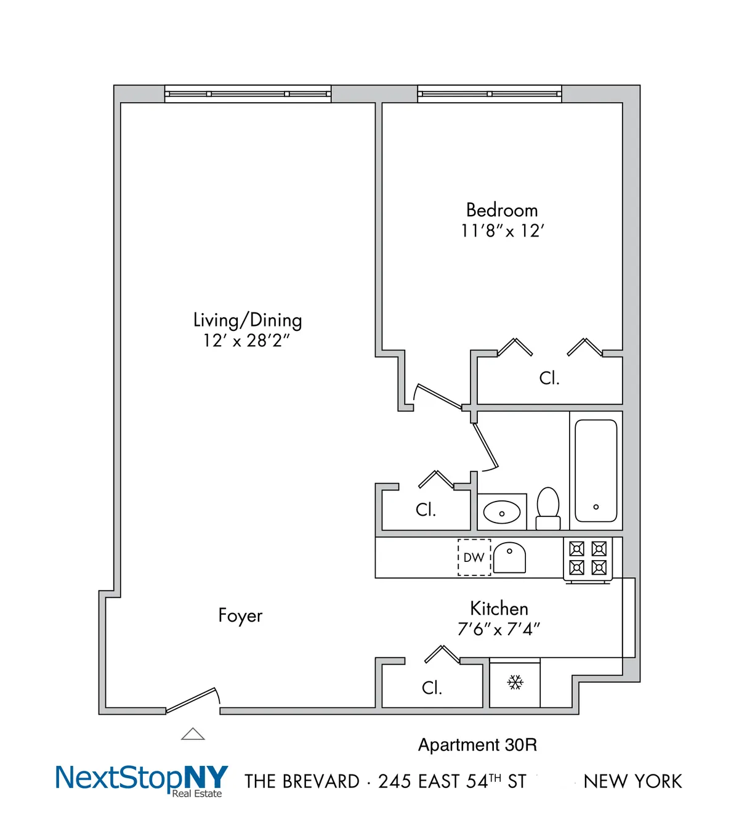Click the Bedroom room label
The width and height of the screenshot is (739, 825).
[x=502, y=210]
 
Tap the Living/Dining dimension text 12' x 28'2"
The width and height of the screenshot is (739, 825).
[x=246, y=340]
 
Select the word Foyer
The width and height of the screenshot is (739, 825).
[x=240, y=616]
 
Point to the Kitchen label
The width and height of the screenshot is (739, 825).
[x=499, y=609]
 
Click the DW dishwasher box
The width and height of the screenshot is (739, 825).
[x=474, y=558]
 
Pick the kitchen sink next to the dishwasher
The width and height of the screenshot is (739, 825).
[x=509, y=558]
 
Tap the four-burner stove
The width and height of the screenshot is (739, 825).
[x=588, y=558]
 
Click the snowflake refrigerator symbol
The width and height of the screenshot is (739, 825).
[x=515, y=682]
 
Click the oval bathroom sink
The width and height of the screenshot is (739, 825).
[x=502, y=512]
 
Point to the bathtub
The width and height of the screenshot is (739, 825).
[x=596, y=471]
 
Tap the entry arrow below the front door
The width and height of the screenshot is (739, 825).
[x=193, y=734]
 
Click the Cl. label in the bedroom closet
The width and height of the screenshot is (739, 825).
[x=549, y=378]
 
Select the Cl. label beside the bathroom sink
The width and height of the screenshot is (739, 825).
[x=426, y=510]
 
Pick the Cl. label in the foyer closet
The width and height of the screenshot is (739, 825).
[x=432, y=688]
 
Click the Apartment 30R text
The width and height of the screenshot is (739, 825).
[x=477, y=745]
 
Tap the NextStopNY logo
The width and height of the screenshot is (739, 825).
[x=142, y=779]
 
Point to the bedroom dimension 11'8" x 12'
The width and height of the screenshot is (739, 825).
[x=503, y=231]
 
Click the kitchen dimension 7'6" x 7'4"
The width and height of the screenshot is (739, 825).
[x=499, y=629]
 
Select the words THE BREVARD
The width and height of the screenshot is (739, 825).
[x=302, y=781]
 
